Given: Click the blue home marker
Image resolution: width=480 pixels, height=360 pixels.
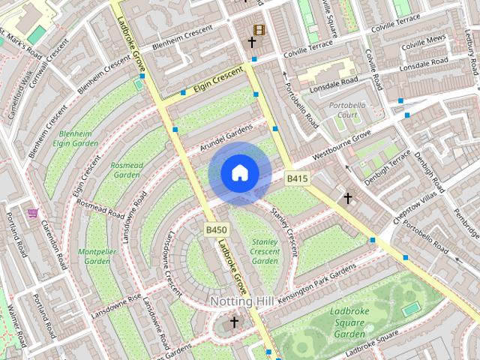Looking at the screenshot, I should tap(239, 173).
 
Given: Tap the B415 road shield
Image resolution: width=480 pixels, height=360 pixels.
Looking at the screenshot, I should tap(297, 178).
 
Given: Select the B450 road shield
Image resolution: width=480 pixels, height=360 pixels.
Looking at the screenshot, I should tap(216, 229).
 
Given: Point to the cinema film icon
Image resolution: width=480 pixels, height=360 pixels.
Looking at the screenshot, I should tap(259, 30).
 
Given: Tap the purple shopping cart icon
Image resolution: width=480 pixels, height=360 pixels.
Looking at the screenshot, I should tap(32, 213).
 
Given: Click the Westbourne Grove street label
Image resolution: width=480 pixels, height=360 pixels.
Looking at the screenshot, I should tap(342, 147).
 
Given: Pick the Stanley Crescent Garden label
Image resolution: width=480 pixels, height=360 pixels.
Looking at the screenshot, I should tap(265, 251).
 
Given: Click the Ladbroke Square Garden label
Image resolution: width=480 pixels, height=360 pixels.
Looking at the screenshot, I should tap(349, 322).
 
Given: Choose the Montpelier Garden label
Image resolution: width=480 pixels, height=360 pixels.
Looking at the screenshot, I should tap(97, 256).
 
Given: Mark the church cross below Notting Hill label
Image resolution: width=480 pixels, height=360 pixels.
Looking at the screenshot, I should tap(234, 322).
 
